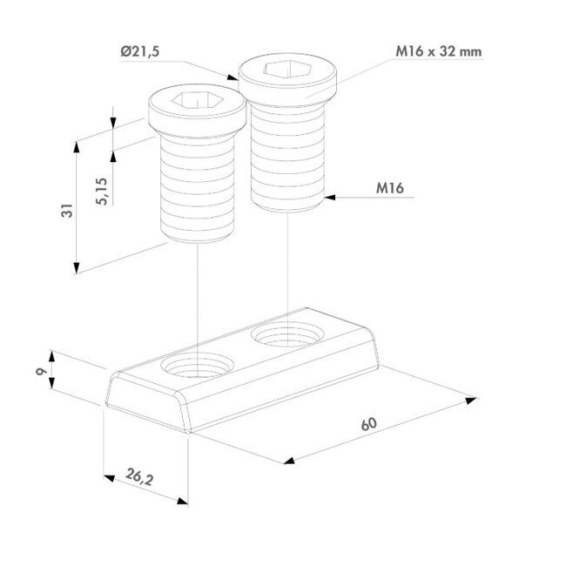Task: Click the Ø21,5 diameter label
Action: [140, 52]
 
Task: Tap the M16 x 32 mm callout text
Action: [439, 51]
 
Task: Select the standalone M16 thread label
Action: [390, 188]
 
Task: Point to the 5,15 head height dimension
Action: [102, 192]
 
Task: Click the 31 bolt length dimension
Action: [67, 211]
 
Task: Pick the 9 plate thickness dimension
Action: [41, 371]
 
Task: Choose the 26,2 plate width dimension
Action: [139, 477]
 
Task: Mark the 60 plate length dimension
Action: [368, 424]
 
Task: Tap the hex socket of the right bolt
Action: [287, 69]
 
